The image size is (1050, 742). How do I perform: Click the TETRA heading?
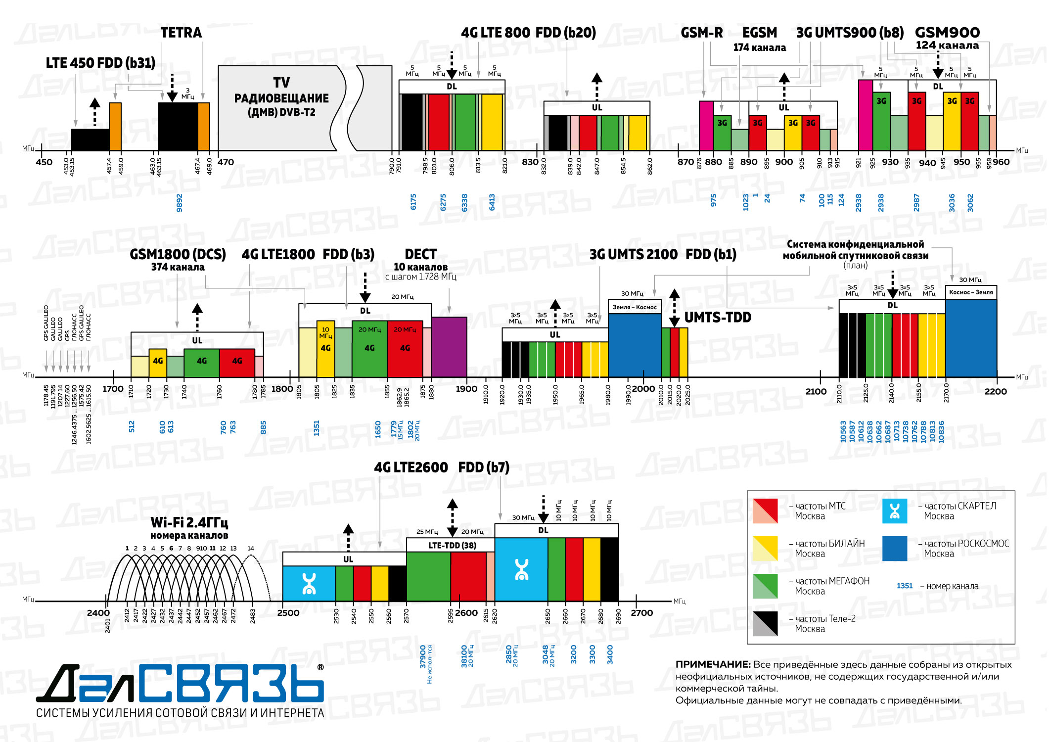(181, 33)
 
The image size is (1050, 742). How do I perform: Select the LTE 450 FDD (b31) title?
(100, 63)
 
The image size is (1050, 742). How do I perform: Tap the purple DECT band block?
(449, 347)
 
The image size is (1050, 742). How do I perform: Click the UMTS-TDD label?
(718, 318)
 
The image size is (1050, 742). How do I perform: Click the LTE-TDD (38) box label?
(452, 545)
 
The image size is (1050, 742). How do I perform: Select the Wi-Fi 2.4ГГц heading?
(189, 523)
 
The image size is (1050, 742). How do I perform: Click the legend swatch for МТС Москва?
(765, 511)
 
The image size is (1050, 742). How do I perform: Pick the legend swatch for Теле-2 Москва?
(765, 624)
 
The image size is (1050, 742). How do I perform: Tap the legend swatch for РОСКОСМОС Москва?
(895, 549)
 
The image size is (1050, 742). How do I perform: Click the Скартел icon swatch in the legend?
(895, 511)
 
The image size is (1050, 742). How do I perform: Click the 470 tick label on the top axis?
(226, 162)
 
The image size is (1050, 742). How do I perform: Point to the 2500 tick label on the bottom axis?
(288, 613)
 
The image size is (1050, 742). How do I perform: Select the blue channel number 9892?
(180, 203)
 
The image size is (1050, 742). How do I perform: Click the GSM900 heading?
(947, 33)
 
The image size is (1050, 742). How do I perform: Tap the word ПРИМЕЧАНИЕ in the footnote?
(713, 665)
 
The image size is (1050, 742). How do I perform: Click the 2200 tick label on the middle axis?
(995, 392)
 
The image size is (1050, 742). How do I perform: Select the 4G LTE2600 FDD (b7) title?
(442, 467)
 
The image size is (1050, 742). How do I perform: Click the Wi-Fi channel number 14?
(251, 549)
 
